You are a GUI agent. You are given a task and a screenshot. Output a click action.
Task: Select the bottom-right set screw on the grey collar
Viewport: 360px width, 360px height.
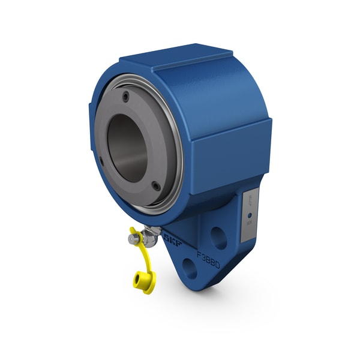(156, 187)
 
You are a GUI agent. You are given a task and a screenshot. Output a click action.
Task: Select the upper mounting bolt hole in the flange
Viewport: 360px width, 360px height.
(220, 238)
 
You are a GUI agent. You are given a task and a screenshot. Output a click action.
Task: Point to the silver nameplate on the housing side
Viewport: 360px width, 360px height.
(250, 215)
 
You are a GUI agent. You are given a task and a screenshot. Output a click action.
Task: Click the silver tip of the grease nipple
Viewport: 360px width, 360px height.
(131, 239)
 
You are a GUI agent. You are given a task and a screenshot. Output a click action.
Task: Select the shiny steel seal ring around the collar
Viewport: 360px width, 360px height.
(176, 129)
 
